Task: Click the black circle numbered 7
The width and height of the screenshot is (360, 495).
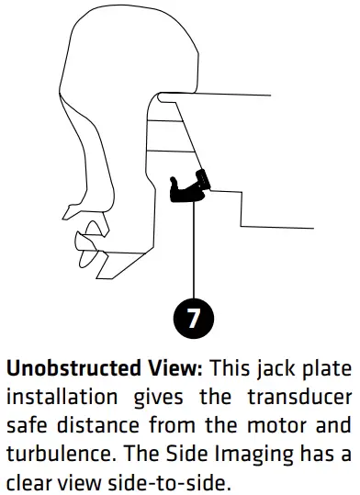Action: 194,318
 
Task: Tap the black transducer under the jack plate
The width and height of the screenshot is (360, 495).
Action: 189,188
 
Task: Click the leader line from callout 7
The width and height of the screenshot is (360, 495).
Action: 194,250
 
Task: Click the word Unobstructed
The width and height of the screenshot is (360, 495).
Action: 73,368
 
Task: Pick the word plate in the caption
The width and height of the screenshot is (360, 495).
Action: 328,369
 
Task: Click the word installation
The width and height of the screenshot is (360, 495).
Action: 62,396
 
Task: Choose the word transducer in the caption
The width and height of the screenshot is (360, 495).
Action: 299,397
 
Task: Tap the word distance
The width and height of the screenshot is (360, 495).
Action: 98,425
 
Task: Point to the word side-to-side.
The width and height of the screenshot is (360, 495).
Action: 168,482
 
